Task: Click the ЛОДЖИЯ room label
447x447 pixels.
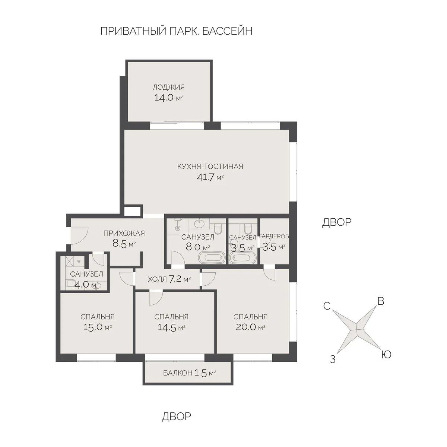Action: click(x=168, y=88)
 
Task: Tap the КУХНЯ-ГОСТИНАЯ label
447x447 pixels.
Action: click(x=210, y=167)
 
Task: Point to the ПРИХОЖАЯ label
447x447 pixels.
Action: click(x=124, y=234)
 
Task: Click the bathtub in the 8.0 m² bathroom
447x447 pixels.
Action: click(x=212, y=257)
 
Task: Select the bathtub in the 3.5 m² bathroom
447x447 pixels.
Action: click(x=242, y=258)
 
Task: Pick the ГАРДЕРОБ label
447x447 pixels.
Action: click(x=274, y=236)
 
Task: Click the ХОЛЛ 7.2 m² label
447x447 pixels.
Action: click(x=169, y=279)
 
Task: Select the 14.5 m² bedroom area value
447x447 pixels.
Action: click(x=171, y=327)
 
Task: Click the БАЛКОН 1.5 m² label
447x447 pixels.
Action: click(x=190, y=373)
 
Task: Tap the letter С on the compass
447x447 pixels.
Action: click(x=327, y=306)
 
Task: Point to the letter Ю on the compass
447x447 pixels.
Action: click(x=386, y=355)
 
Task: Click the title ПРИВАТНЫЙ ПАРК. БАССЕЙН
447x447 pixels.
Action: click(x=176, y=31)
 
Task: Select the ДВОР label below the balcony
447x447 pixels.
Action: click(x=176, y=416)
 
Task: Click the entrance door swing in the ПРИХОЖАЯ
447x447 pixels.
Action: click(x=79, y=235)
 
